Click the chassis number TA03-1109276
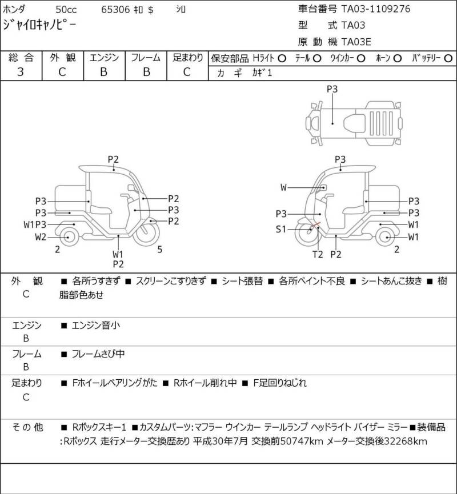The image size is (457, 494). coord(376,9)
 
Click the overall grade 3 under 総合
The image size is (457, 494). coord(21,72)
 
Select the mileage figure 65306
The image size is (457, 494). coord(115,10)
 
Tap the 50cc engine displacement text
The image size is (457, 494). coord(66,10)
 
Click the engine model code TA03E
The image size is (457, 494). coord(356,42)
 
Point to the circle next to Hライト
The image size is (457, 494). coord(282,58)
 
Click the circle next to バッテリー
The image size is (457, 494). coord(448,58)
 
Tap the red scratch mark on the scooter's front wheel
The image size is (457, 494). coord(315,226)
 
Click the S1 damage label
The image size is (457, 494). coord(281,229)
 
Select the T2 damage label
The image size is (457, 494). coord(318,254)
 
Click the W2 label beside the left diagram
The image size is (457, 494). coord(41,237)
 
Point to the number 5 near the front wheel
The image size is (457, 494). coord(160,250)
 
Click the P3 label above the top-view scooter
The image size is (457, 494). coord(332,89)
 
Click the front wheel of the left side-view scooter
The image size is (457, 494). coord(146,232)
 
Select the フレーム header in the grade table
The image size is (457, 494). coord(146,58)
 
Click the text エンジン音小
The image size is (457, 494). coord(96,325)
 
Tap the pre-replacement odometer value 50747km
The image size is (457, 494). coord(302,441)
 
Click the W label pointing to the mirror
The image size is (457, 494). coord(284,187)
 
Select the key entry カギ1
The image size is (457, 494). coord(262,73)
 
